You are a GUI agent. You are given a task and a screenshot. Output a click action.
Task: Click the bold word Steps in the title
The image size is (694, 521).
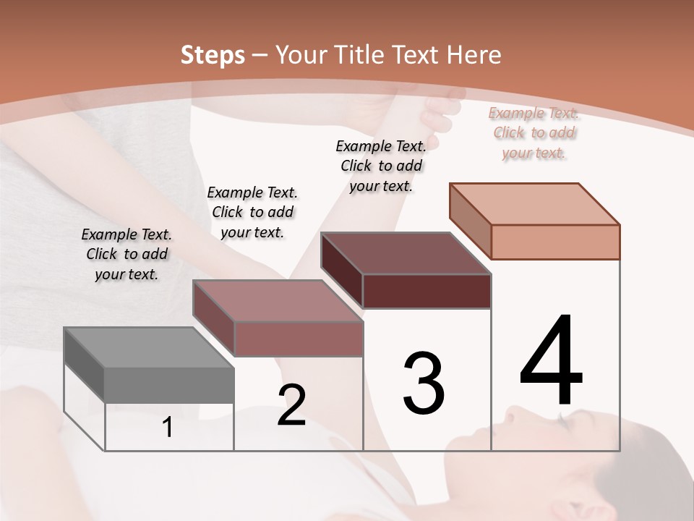click(x=213, y=55)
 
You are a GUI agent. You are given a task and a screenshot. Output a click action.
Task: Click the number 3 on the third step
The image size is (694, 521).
click(x=424, y=383)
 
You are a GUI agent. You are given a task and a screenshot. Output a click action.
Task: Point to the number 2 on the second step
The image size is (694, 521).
click(x=292, y=405)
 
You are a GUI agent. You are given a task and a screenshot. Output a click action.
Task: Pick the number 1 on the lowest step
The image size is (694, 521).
click(x=168, y=427)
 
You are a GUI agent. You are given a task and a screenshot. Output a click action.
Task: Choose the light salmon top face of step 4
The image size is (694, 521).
click(x=535, y=204)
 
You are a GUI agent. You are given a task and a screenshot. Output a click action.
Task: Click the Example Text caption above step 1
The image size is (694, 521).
click(x=127, y=254)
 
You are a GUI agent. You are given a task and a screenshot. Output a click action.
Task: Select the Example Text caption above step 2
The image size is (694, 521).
click(x=252, y=212)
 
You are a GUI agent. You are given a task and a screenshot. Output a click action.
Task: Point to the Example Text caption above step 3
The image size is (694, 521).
click(x=381, y=166)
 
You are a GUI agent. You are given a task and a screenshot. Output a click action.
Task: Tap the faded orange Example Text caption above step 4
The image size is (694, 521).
click(x=534, y=132)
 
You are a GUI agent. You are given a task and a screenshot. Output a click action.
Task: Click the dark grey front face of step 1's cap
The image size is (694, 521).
click(x=169, y=385)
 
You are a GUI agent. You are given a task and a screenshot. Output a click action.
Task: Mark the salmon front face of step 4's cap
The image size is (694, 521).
click(x=555, y=242)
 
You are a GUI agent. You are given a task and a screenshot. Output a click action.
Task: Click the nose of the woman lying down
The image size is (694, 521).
click(x=510, y=414)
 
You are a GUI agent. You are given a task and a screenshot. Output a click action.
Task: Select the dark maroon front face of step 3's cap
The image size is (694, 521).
click(x=427, y=291)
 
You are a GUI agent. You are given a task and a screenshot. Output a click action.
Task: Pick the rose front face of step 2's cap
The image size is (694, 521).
click(x=298, y=339)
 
